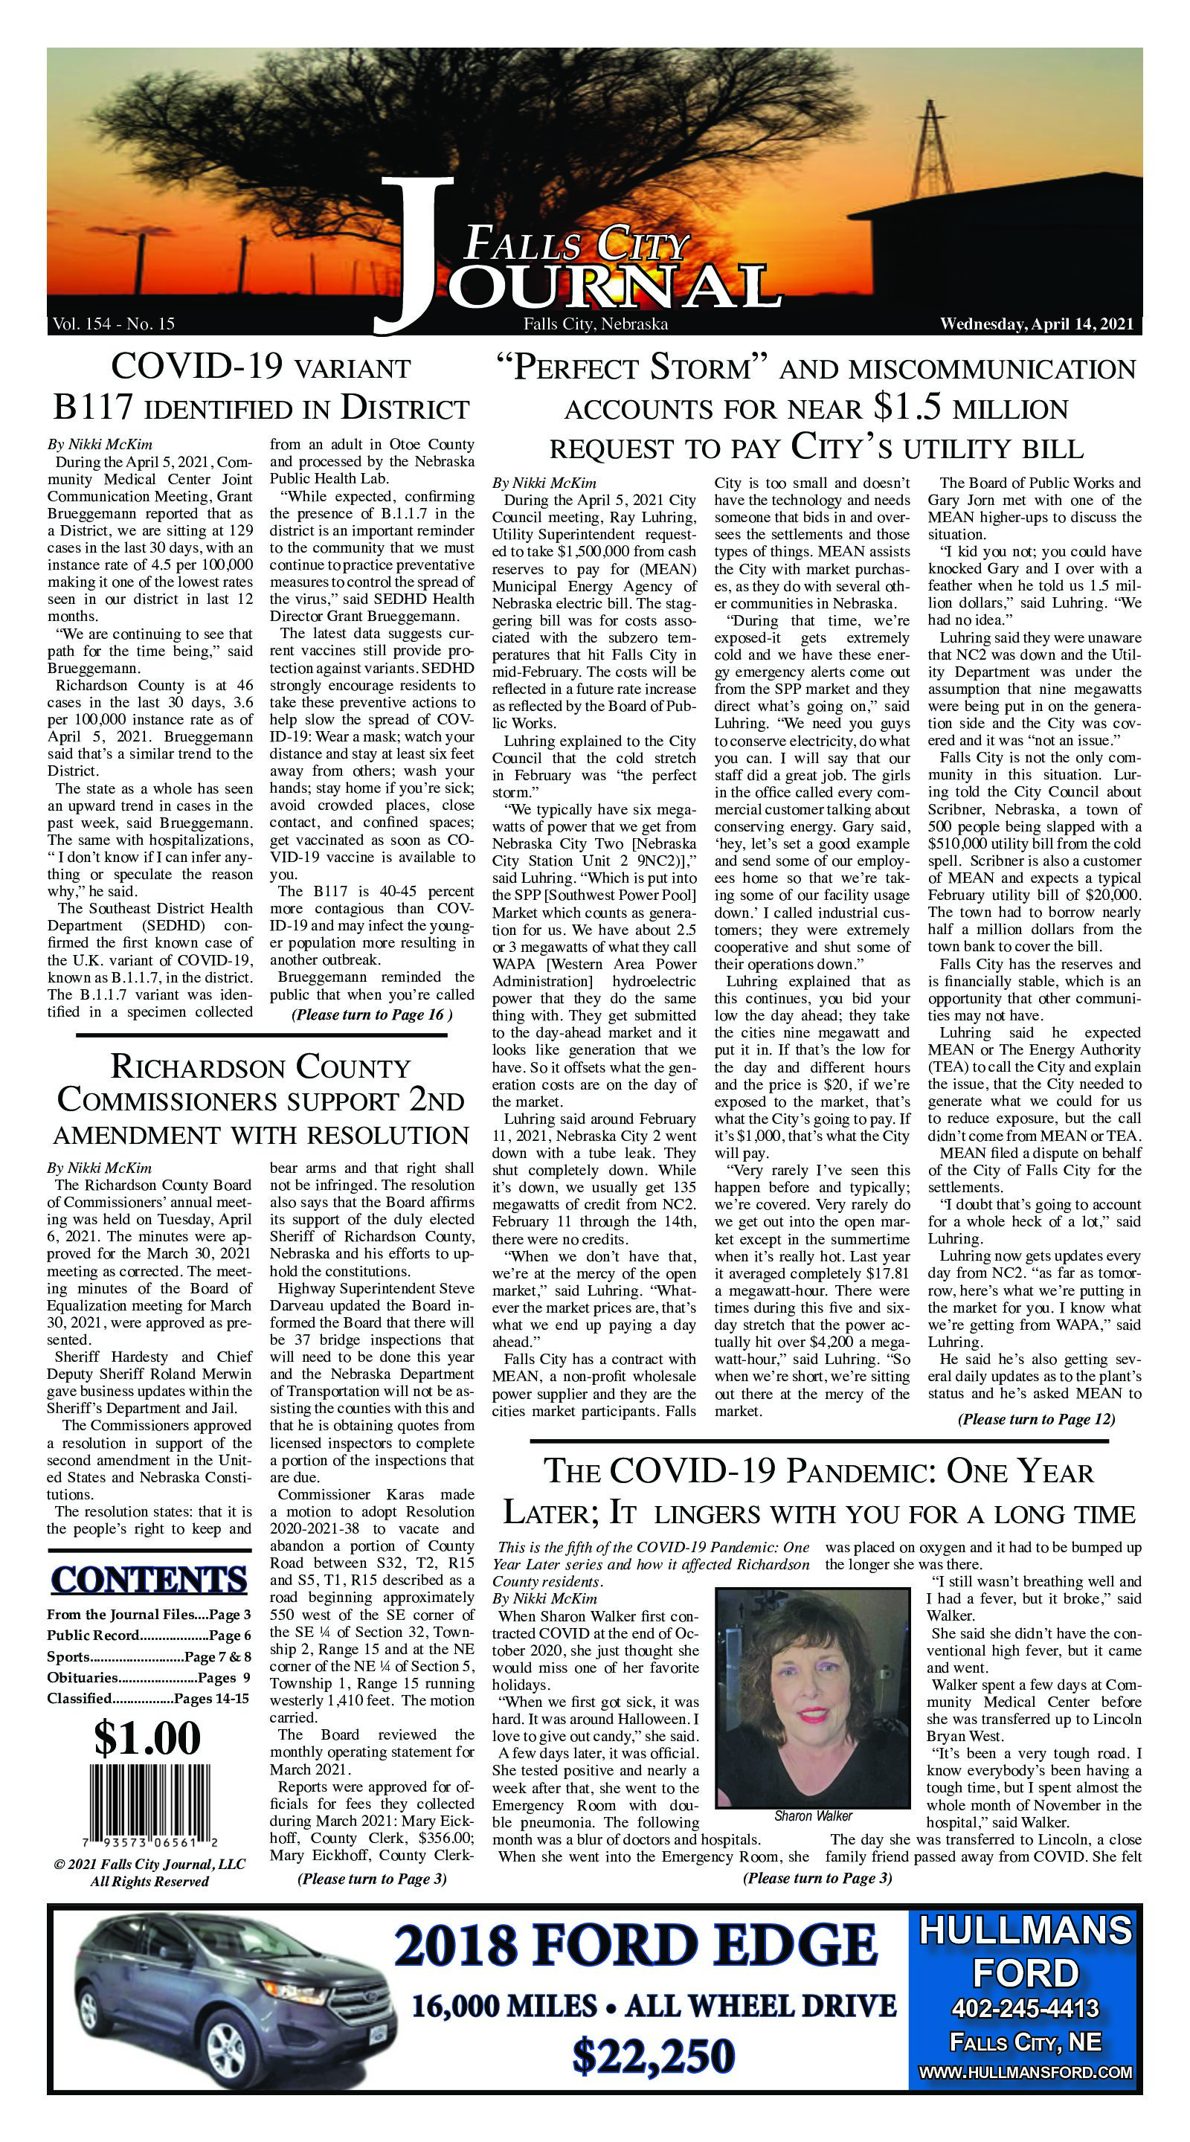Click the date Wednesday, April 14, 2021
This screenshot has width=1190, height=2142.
1036,324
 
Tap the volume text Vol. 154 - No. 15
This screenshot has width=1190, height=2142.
113,324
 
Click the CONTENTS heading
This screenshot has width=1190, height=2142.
149,1580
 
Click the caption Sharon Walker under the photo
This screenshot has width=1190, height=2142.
811,1815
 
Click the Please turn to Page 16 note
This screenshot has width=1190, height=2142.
371,1014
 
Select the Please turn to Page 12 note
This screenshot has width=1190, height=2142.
1035,1418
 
